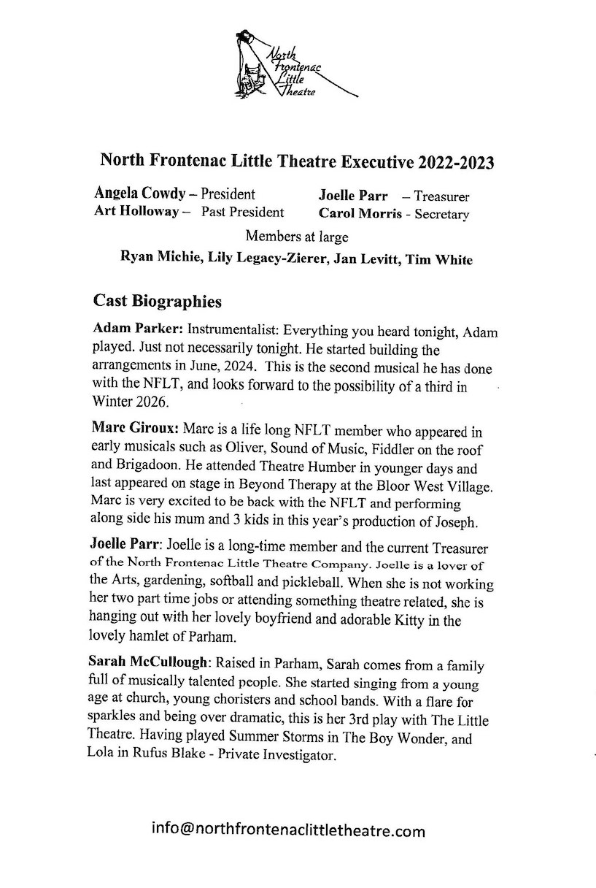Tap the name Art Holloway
click(136, 212)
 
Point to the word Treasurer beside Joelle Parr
click(441, 196)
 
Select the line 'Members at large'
click(297, 236)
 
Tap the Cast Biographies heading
click(158, 301)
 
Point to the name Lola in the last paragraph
click(101, 757)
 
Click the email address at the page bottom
click(288, 830)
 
